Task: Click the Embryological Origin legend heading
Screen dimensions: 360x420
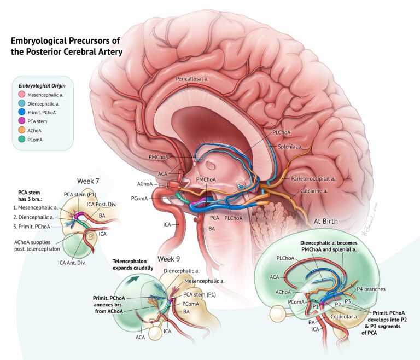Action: (42, 85)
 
